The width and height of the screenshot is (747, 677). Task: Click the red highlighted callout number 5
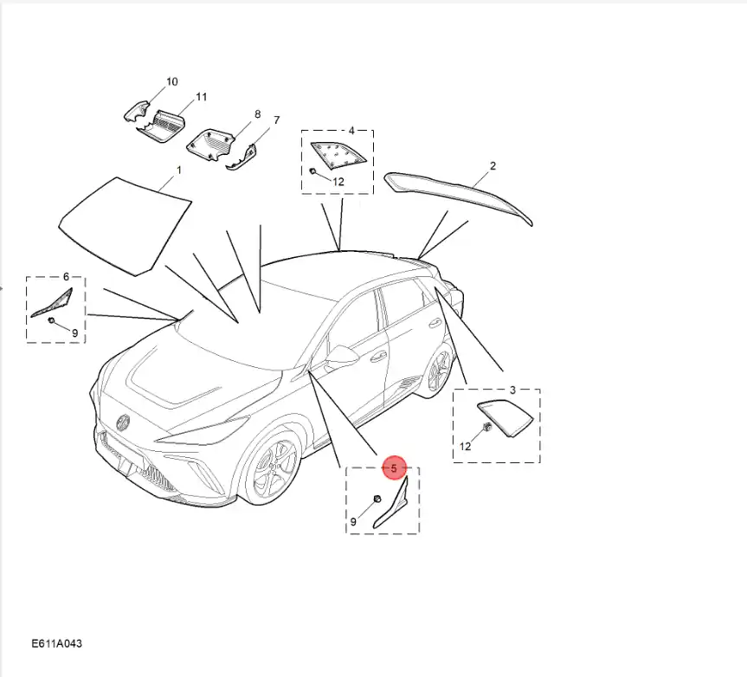394,468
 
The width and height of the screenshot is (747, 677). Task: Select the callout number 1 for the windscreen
179,170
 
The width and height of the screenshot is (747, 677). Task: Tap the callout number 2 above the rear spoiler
493,166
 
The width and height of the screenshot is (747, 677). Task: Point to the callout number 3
512,390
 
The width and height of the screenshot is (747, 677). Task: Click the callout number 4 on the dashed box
351,131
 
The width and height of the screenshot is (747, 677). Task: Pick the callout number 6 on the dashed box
66,276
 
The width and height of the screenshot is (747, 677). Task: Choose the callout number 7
277,120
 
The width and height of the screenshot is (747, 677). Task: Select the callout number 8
258,114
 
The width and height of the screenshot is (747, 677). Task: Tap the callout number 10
171,81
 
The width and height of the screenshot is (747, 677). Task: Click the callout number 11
202,97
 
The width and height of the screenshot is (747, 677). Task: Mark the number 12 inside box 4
338,182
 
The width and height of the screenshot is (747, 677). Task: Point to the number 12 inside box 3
465,447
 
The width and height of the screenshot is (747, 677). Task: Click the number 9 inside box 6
74,333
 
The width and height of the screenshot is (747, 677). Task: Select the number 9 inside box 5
353,522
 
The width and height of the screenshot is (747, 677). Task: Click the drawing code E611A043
56,643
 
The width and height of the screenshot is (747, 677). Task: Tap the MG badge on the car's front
124,422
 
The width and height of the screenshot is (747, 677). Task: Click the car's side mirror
342,356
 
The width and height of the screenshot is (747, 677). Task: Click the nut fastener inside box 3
487,427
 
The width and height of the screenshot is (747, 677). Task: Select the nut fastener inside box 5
377,499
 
